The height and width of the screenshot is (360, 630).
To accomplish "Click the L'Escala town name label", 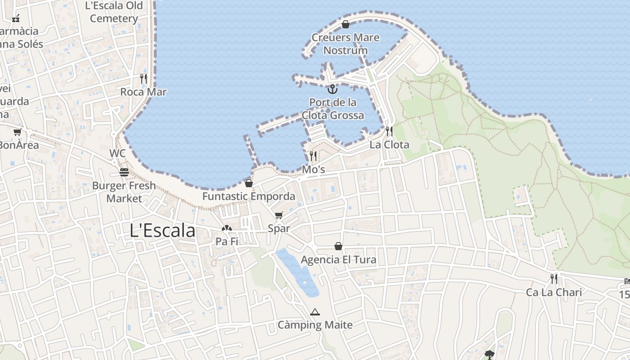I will point(162,230).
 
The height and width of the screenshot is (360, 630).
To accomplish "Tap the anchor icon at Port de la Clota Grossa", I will point(332,89).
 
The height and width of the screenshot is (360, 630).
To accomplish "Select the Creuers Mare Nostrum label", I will point(346,44).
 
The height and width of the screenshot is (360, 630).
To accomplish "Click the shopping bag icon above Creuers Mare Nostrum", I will point(346,24).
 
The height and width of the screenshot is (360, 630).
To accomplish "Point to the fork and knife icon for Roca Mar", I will point(144,79).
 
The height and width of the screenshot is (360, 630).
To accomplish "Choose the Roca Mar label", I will point(144,92).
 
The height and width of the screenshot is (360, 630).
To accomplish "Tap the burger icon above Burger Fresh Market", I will point(124,172).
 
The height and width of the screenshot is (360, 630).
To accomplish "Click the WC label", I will point(117,153).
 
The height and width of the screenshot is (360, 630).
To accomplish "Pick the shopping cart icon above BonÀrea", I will point(18,132).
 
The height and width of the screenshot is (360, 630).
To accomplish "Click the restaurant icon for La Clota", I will point(389,131).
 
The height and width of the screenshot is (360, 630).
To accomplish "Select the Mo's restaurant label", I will point(313,170).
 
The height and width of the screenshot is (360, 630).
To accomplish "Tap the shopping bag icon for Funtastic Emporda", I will point(249,183).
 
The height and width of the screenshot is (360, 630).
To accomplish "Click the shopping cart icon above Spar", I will point(279,215).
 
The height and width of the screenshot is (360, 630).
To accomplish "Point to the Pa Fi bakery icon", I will point(227,228).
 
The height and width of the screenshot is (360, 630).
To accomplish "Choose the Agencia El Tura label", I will point(338,260).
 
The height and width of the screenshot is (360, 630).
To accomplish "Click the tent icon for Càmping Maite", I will point(315,312).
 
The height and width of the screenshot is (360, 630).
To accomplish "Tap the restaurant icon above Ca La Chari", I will point(554,279).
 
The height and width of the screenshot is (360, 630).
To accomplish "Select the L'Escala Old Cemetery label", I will point(114,12).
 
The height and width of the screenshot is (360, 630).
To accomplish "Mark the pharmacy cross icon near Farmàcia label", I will point(16,18).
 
